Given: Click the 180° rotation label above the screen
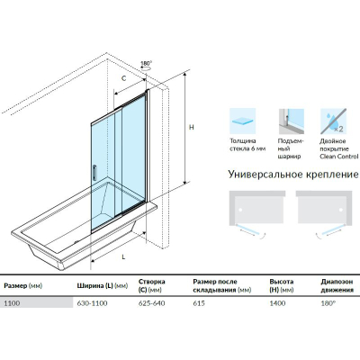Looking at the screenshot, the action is coord(146,64).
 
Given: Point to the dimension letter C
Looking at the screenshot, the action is coord(123,78).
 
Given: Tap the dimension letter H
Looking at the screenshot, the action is coord(192,127).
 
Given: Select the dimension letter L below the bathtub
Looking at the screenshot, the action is coord(123,256).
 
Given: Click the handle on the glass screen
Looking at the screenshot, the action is coord(94,173).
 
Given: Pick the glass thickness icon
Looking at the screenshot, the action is coord(242,121).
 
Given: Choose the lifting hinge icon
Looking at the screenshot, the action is coord(292,121).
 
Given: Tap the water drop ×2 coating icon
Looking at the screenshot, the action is coord(333,121).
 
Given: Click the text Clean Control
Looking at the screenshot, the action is coord(338,157).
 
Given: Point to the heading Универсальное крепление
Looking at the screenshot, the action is coord(293,175).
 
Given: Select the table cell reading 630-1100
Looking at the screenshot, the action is coord(92,303).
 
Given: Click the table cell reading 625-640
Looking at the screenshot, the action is coord(151,303).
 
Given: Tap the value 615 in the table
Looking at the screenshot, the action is coord(199,303).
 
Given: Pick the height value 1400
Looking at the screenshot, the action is coord(277,303).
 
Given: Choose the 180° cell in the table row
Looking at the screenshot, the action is coord(328,303).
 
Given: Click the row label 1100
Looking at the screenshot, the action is coord(12,303).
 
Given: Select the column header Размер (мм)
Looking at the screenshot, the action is coord(23,285).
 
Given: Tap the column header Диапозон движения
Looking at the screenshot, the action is coord(337,286).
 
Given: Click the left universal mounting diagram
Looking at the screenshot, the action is coord(257,214).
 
